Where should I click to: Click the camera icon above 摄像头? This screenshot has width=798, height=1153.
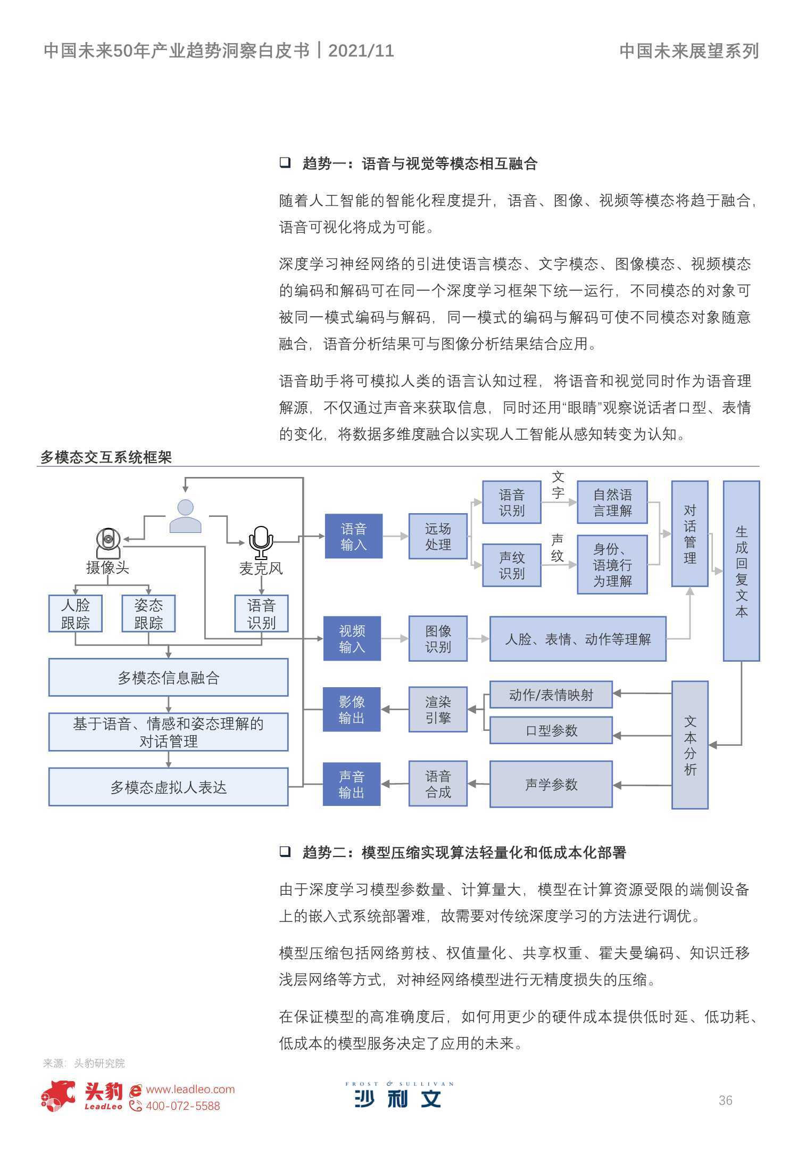(x=108, y=543)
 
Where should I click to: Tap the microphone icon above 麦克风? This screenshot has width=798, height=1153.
(x=261, y=543)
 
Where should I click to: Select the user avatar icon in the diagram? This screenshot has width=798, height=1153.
(x=185, y=516)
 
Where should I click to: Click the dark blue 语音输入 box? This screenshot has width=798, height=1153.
(x=354, y=536)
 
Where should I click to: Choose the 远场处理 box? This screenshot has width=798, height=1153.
(x=438, y=536)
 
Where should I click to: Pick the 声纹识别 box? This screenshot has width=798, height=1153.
(x=512, y=565)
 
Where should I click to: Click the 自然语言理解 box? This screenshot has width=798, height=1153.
(x=612, y=502)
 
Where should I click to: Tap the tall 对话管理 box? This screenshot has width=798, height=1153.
(x=690, y=533)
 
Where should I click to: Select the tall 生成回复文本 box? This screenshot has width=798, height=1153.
(x=742, y=571)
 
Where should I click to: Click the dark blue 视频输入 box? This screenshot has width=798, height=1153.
(x=352, y=638)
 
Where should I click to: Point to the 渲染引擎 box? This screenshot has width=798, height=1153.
(x=438, y=709)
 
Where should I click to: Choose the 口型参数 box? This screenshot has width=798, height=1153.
(x=551, y=730)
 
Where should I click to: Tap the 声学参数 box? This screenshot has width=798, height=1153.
(x=551, y=784)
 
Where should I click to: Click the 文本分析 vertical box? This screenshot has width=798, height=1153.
(x=690, y=745)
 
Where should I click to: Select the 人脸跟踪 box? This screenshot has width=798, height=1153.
(x=76, y=613)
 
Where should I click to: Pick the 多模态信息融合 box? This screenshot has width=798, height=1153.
(x=169, y=677)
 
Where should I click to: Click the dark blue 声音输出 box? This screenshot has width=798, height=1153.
(x=352, y=784)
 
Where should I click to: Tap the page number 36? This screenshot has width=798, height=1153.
(x=725, y=1100)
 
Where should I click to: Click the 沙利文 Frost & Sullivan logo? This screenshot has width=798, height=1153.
(x=399, y=1094)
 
